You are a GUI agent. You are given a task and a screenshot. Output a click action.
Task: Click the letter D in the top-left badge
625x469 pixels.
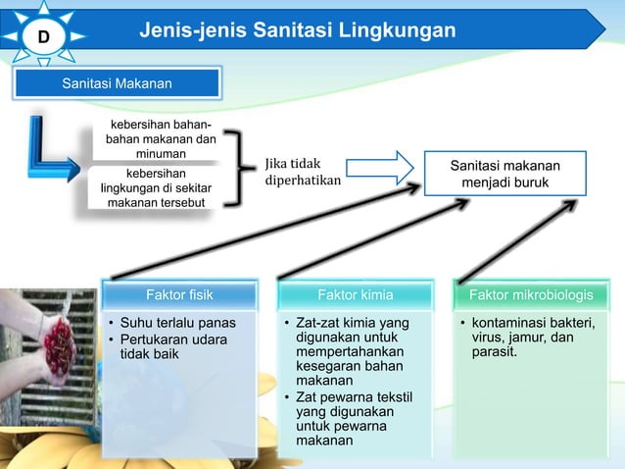[x=43, y=37]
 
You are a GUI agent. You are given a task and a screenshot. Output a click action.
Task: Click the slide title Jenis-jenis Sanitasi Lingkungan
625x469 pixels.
[x=297, y=30]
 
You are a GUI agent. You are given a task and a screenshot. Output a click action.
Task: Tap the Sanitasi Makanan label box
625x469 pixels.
[x=117, y=84]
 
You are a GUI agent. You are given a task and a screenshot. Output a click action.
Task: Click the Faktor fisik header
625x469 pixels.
[x=179, y=293]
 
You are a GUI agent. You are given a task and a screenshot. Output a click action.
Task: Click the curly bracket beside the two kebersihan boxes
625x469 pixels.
[x=239, y=168]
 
